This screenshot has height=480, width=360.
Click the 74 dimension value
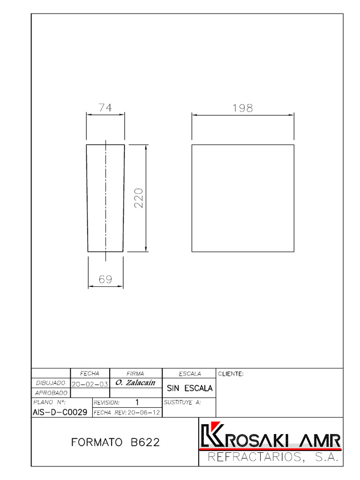tap(105, 107)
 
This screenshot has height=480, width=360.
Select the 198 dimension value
tap(242, 108)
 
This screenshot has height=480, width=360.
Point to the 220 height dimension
tap(138, 198)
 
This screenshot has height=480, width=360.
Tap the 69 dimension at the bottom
tap(105, 279)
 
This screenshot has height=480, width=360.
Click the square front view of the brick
tap(243, 198)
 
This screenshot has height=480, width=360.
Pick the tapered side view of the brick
tap(105, 198)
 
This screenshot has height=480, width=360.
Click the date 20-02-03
tap(90, 383)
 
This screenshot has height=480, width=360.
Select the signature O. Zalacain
tap(135, 383)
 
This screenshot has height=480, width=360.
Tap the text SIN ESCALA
tap(189, 388)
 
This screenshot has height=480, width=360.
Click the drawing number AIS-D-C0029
tap(60, 412)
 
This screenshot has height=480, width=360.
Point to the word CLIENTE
tap(231, 374)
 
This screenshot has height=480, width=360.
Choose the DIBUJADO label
tap(50, 383)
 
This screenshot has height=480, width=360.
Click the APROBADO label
tap(51, 393)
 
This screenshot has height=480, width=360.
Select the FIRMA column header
tap(135, 374)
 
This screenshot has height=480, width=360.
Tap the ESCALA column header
tap(189, 374)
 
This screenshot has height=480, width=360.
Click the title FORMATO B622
tap(115, 442)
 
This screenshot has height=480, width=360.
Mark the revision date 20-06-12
tap(142, 412)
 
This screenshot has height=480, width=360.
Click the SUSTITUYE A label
tap(182, 402)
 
